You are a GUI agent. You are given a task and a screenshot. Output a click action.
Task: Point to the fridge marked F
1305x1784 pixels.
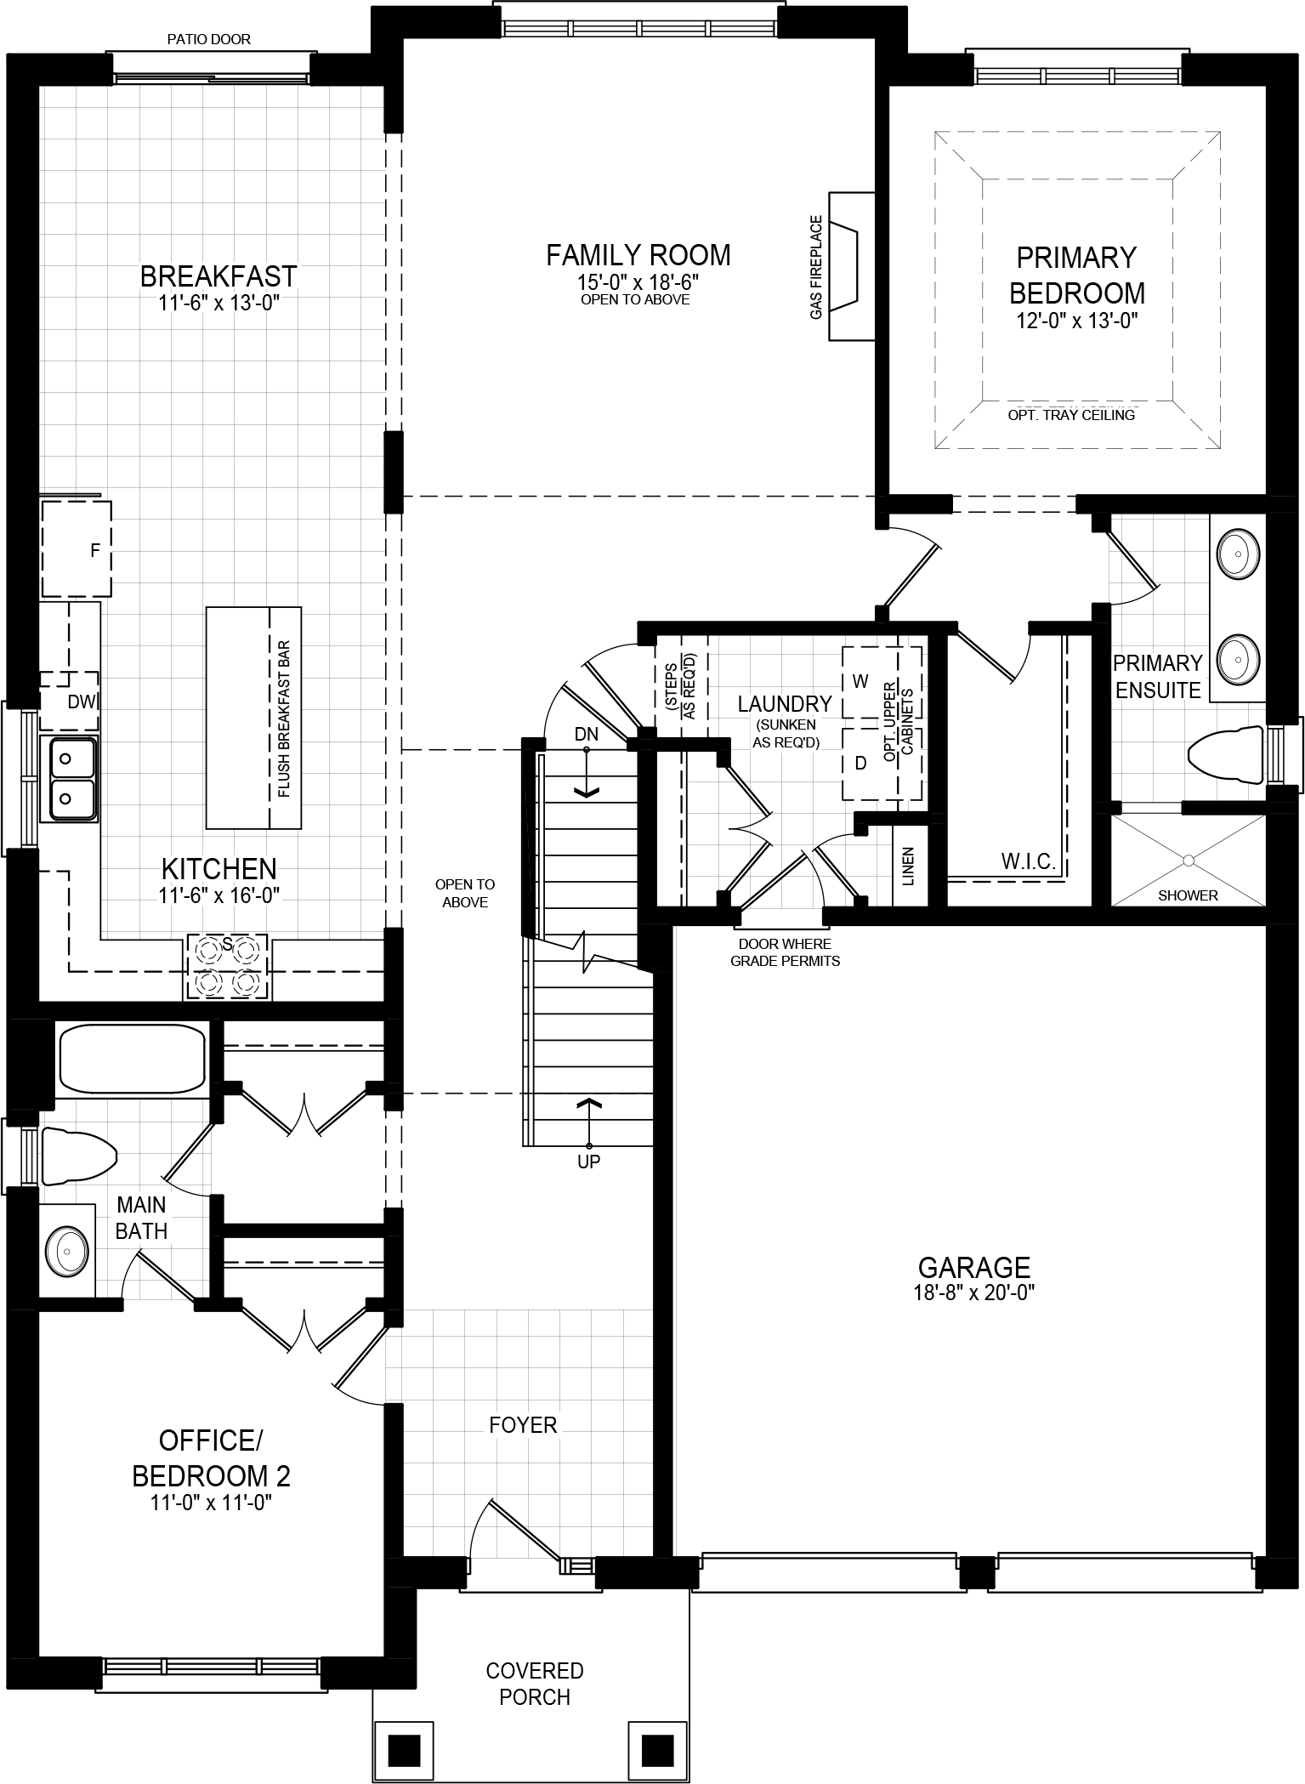tap(77, 549)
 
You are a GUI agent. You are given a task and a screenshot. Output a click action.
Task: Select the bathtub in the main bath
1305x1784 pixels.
tap(132, 1059)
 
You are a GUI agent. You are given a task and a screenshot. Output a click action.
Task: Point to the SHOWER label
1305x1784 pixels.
tap(1188, 895)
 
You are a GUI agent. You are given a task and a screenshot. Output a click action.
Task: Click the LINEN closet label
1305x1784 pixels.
tap(908, 866)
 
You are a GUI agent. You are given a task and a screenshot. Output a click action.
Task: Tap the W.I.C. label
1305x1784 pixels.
tap(1028, 862)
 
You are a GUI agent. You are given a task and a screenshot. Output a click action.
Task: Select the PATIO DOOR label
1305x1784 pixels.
tap(209, 39)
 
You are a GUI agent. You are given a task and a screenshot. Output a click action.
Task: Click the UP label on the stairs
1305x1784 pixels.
tap(588, 1162)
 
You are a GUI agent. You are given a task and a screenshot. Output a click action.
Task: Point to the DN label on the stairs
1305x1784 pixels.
tap(586, 734)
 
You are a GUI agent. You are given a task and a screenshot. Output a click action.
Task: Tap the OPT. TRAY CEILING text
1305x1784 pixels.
tap(1071, 415)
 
